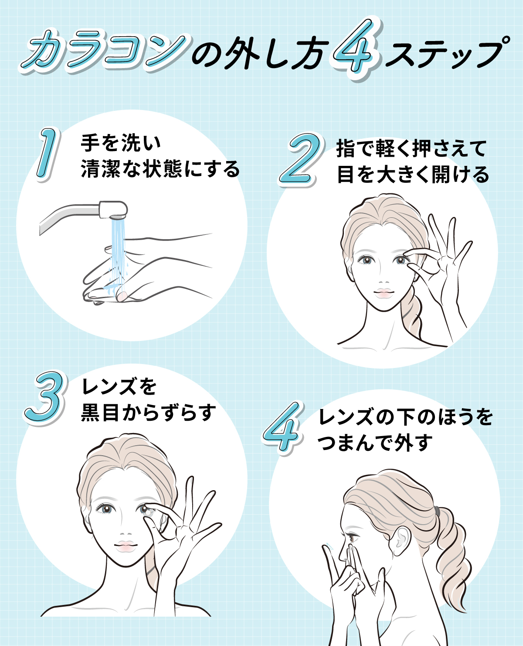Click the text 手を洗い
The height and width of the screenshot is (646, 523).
tap(121, 143)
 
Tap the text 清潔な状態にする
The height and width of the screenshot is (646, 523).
tap(160, 169)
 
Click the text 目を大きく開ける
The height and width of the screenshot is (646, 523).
tap(413, 175)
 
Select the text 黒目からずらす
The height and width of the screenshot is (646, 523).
tap(149, 412)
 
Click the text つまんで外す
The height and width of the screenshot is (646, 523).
tap(375, 443)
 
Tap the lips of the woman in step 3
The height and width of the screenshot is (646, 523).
tap(126, 546)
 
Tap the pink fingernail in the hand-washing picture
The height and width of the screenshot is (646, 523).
tap(122, 296)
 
